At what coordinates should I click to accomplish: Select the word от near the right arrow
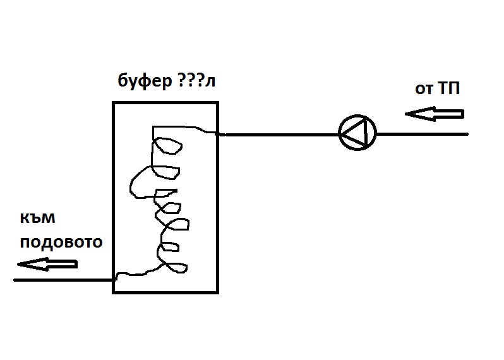click(423, 89)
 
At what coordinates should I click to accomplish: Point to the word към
click(38, 219)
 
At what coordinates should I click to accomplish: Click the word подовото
click(61, 243)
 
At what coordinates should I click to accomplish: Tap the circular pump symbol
click(357, 134)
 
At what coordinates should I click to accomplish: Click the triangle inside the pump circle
click(356, 134)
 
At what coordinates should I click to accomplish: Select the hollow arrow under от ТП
click(435, 114)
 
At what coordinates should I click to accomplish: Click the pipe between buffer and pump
click(278, 134)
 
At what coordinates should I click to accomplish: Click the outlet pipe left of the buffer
click(63, 279)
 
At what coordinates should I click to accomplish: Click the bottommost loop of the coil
click(174, 267)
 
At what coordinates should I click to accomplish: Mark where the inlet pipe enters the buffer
click(219, 134)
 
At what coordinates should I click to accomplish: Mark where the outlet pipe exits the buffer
click(114, 279)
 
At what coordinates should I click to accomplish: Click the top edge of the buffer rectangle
click(165, 102)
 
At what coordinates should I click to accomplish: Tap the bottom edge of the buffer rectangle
click(165, 292)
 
